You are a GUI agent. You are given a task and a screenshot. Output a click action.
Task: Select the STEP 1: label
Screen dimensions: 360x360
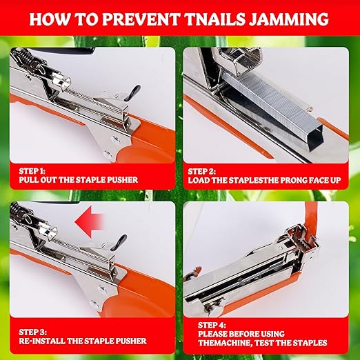coord(29,170)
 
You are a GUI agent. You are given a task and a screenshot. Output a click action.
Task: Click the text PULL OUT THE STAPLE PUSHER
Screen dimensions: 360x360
coord(79,180)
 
